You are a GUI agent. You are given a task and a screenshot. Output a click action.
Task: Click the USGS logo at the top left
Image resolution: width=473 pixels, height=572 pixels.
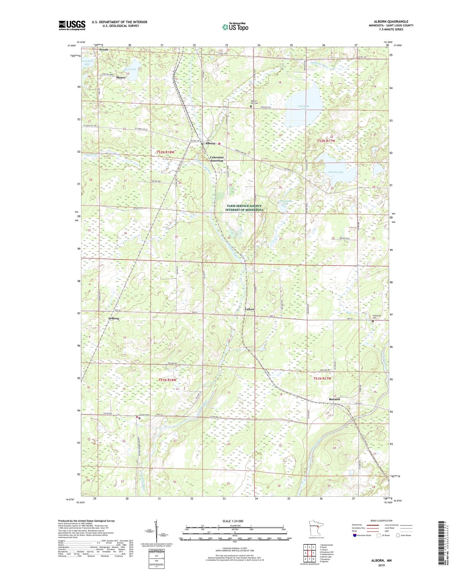coord(72,25)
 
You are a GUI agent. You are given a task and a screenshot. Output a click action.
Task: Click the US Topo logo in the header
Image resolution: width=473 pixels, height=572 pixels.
coord(235,27)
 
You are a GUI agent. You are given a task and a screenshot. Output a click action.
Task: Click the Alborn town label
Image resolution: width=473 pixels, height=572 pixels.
coord(210,143)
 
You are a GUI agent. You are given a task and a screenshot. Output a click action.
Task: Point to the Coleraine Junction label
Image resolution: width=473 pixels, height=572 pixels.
coord(216,159)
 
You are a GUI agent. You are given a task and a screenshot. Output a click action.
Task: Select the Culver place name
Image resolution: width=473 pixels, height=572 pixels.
coord(249,309)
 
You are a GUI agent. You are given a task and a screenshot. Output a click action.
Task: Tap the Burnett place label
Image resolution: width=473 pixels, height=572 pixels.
coord(334,399)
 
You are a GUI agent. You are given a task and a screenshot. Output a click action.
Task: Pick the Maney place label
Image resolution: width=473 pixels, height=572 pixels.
coord(120,78)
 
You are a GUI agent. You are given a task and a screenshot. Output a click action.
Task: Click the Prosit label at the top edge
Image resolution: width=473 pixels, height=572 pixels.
coord(104,50)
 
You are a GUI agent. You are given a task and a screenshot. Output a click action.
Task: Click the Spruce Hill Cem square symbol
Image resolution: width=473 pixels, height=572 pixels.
coord(251,106)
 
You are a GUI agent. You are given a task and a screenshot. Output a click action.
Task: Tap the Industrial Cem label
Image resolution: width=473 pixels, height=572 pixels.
coord(377,317)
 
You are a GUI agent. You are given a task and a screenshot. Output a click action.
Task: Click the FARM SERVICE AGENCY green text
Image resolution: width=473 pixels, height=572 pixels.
coord(244,206)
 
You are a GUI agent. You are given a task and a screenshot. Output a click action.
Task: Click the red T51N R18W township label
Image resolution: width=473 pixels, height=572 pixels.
coord(167,380)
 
